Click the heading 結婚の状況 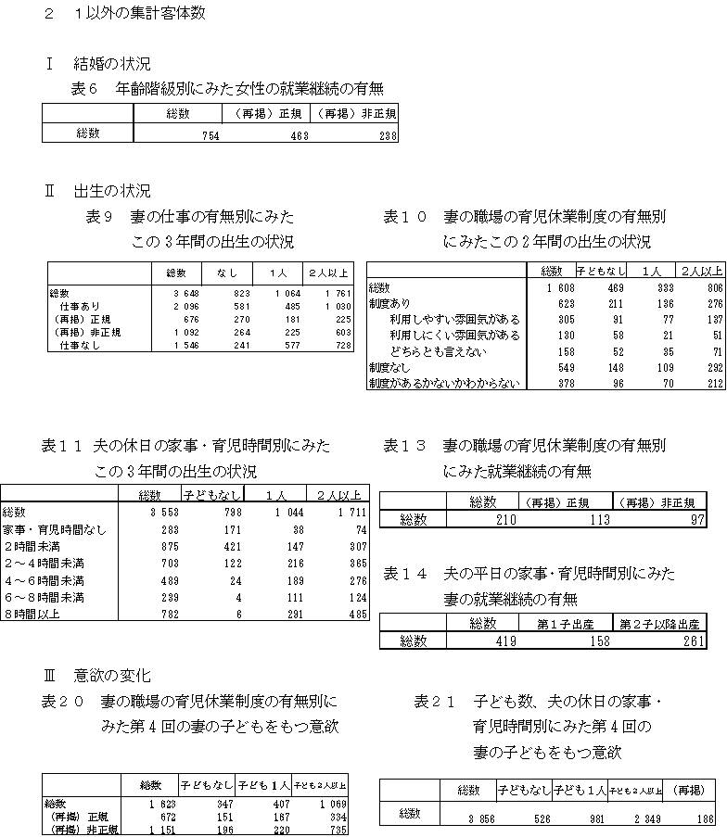[x=111, y=64]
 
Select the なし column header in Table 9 [x=226, y=273]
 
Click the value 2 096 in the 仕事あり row [x=175, y=305]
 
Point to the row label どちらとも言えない [x=439, y=352]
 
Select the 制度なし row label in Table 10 [x=389, y=368]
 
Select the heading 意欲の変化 [x=111, y=674]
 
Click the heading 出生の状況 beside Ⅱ [x=111, y=192]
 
